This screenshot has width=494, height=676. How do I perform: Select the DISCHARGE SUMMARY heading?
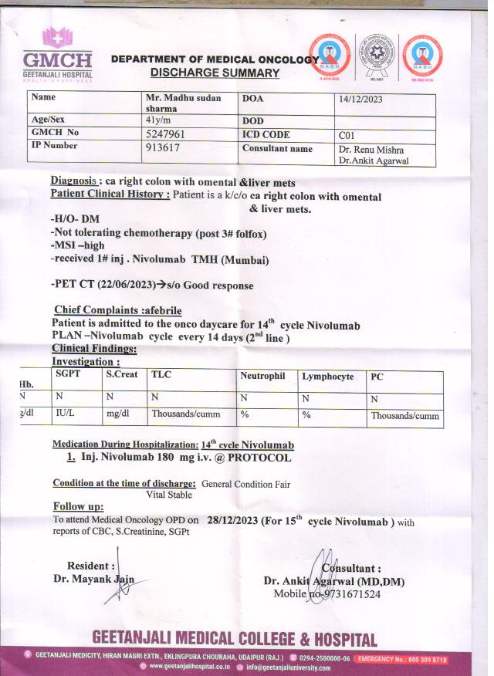coord(215,73)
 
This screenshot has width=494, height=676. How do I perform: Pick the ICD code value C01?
coord(347,135)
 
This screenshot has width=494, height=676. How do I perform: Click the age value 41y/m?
coord(160,121)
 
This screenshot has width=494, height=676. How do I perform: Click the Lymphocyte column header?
coord(328,377)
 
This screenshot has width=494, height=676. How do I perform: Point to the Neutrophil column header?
coord(263,377)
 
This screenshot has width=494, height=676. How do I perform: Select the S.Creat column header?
coord(122,374)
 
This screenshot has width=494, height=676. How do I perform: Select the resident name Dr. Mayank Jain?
coord(93,579)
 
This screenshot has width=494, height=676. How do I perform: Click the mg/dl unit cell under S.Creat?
coord(117,414)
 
